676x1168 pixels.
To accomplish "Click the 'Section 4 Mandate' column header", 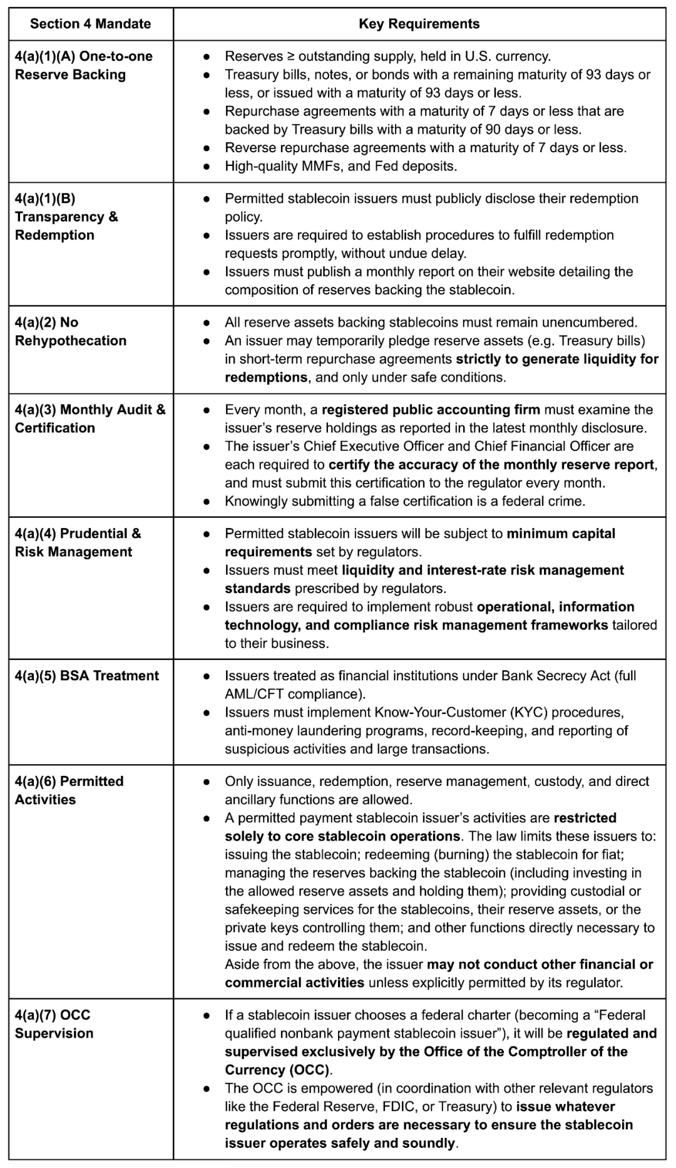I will coord(90,24).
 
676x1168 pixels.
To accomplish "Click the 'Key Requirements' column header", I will coord(419,24).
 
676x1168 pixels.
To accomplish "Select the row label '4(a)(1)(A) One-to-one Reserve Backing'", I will coord(83,65).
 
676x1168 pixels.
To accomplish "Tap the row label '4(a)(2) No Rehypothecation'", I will coord(70,331).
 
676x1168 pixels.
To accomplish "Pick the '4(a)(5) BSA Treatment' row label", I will coord(87,676).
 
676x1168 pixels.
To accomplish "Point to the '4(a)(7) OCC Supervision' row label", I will coord(54,1024).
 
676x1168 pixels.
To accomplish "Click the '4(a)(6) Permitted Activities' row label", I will coord(69,790).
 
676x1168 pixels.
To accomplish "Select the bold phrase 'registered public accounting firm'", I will coord(431,410).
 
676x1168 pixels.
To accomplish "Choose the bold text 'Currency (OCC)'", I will coord(277,1069).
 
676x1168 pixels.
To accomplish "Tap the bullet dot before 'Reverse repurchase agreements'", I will coord(207,148).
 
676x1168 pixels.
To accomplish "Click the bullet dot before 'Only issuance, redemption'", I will coord(207,782).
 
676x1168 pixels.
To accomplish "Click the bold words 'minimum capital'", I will coord(561,534).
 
